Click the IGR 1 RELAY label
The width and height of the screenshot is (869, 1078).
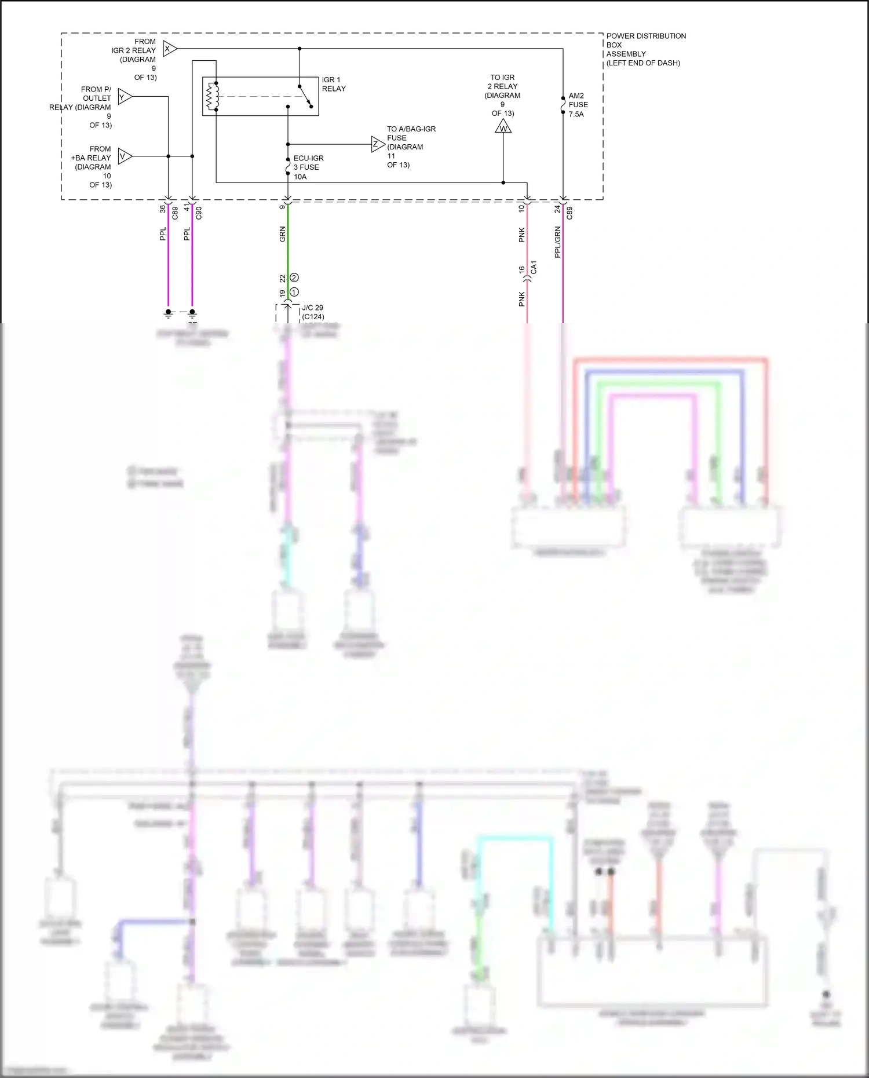(x=333, y=84)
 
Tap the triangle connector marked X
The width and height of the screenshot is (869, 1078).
(x=169, y=49)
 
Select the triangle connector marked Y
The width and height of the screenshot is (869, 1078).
(x=124, y=97)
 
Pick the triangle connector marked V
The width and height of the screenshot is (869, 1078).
(x=124, y=156)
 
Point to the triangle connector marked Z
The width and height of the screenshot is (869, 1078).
(x=377, y=144)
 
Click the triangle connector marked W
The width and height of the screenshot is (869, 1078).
(x=503, y=127)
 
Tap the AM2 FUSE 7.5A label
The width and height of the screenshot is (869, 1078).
(x=578, y=105)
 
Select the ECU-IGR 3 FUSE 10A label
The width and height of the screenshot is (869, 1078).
(x=308, y=167)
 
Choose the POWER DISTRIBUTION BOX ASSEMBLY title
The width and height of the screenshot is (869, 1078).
(x=645, y=49)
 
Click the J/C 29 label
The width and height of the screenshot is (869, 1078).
(x=312, y=308)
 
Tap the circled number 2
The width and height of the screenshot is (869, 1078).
(x=294, y=278)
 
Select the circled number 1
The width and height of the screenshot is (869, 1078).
(x=294, y=292)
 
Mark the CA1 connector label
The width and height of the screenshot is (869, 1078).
(x=534, y=268)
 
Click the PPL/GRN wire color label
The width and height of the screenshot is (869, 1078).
(x=557, y=242)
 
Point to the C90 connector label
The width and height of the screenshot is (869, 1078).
(x=199, y=213)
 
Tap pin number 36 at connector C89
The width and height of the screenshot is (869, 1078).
(x=163, y=209)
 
